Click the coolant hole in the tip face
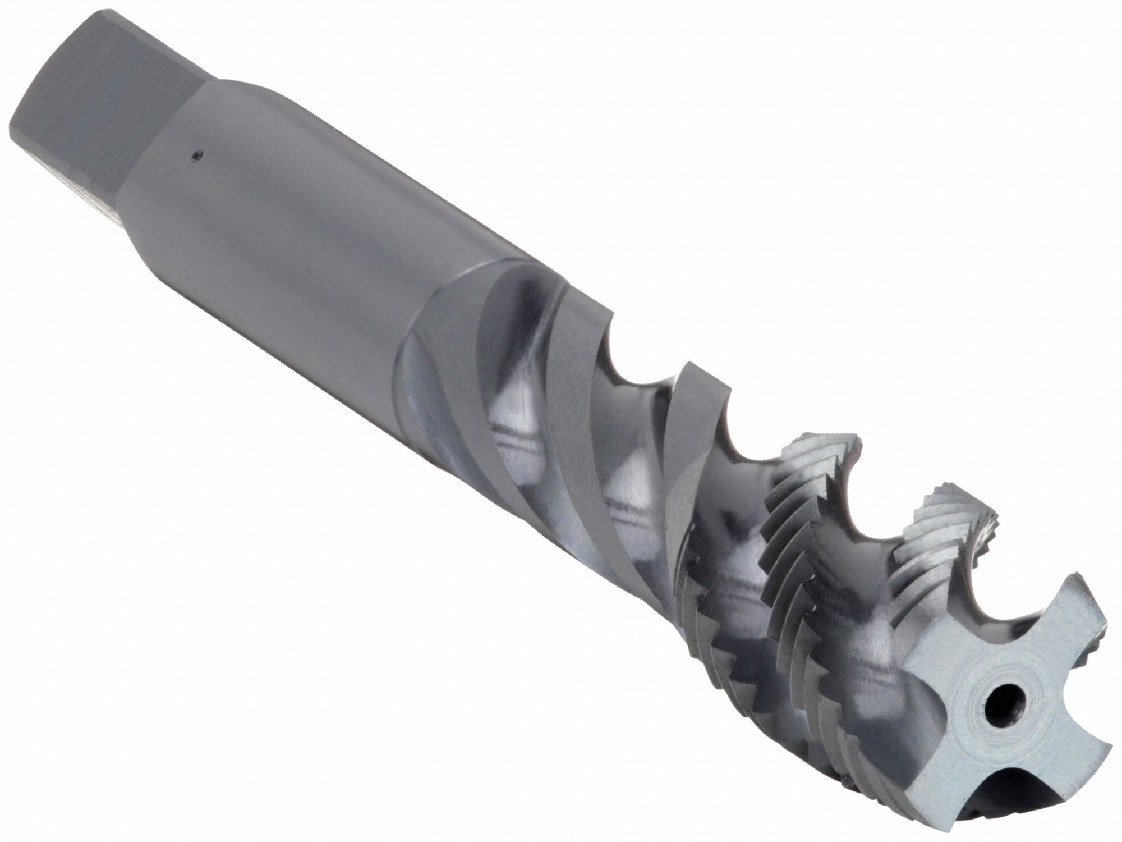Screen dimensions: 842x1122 (997, 699)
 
